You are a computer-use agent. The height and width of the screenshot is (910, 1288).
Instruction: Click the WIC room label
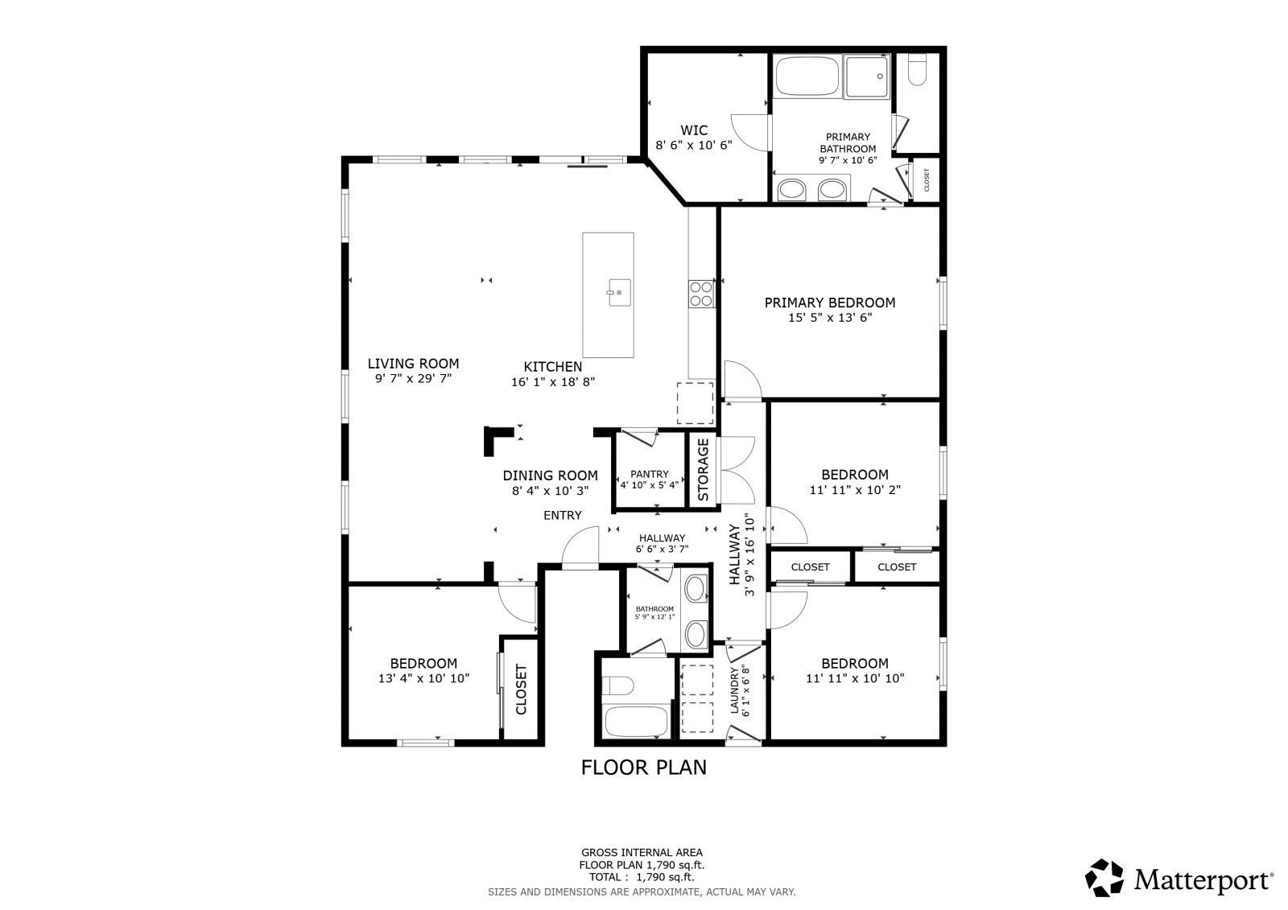pos(694,130)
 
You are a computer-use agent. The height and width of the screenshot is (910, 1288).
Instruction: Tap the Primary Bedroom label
pos(830,303)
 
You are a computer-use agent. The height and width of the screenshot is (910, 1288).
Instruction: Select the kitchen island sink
pos(619,293)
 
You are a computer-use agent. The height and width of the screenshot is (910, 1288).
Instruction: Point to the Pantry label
pos(649,474)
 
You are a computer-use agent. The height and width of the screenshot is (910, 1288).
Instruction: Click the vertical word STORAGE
pos(704,470)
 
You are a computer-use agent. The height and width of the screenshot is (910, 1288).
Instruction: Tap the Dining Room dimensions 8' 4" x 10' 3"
pos(551,491)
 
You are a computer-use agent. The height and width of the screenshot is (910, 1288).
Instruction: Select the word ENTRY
pos(563,516)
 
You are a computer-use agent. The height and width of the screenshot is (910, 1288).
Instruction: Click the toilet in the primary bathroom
pos(917,70)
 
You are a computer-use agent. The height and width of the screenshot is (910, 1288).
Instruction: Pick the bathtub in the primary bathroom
pos(807,76)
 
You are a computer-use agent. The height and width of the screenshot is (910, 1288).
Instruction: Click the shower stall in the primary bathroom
pos(867,76)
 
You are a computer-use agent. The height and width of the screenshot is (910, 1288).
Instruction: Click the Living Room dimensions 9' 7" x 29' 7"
pos(414,379)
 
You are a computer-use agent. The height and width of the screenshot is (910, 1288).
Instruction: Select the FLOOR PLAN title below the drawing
pos(643,768)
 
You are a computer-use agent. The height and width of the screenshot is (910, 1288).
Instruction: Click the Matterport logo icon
pos(1104,878)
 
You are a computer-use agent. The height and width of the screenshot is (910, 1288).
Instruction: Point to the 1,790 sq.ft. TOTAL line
pos(642,877)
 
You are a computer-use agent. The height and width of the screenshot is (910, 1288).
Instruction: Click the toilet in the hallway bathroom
pos(618,686)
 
